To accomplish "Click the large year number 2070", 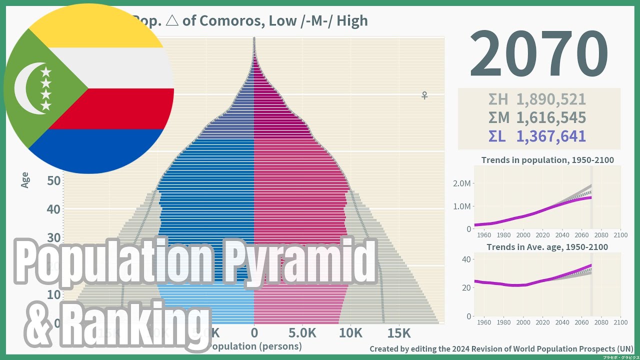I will point(538,54).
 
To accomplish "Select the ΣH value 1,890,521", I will point(550,99).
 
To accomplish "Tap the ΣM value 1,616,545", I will point(550,118).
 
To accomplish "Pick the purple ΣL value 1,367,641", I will point(550,136).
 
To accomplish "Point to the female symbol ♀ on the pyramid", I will point(424,95).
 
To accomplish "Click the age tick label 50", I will point(53,180).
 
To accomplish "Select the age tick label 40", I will point(53,209).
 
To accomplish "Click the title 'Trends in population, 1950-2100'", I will point(547,160).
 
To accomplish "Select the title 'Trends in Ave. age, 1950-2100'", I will point(547,247).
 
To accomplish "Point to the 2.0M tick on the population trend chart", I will point(461,183).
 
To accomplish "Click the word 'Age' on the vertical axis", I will point(25,179).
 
